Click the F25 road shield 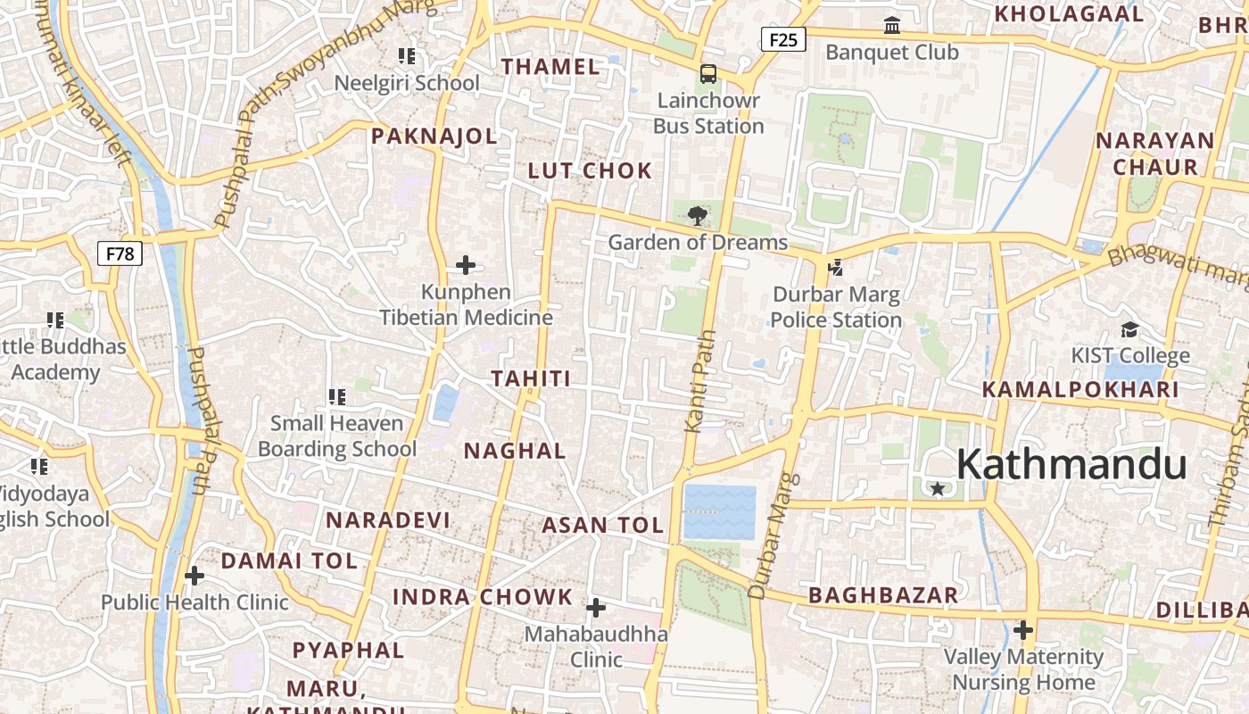pos(783,39)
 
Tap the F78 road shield pos(120,253)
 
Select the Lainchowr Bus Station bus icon pos(708,74)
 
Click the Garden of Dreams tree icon pos(698,215)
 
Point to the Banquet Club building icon pos(892,26)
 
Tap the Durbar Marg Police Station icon pos(836,267)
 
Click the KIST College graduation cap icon pos(1129,329)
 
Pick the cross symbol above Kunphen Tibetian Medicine pos(466,265)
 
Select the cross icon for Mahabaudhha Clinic pos(595,609)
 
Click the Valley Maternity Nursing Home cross pos(1023,630)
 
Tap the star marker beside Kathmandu pos(938,488)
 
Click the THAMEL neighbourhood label pos(550,66)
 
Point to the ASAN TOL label pos(603,525)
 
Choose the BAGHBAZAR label pos(883,595)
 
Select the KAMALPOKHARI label pos(1080,389)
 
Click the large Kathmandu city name pos(1071,465)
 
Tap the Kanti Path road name pos(700,381)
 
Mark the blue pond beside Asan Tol pos(719,512)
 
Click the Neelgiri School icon pos(407,56)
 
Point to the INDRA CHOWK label pos(483,597)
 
